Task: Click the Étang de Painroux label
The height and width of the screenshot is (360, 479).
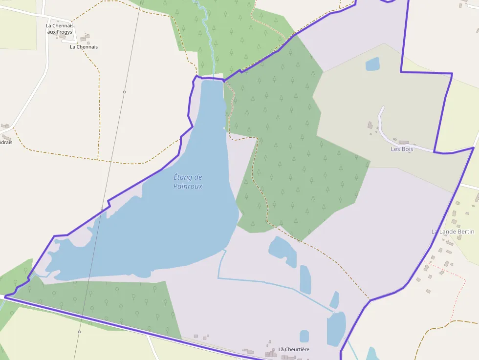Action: pos(188,182)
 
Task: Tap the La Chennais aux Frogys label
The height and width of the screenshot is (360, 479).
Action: pos(60,29)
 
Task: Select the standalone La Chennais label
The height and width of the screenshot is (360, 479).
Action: pos(84,47)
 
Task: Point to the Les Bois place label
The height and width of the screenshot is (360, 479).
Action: pos(402,149)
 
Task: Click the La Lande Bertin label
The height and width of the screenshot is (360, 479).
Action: pos(453,231)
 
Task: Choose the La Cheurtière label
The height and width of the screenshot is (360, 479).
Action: pos(294,349)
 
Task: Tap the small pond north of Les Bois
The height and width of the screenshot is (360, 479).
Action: pos(372,64)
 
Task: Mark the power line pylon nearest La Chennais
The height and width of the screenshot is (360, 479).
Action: pos(124,92)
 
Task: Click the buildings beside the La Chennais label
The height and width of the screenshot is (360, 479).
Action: pos(86,38)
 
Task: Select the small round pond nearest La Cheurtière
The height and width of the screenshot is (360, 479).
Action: pos(304,336)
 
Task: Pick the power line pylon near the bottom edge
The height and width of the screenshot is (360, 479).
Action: pos(79,332)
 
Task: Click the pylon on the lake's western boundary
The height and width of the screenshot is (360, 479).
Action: pos(102,209)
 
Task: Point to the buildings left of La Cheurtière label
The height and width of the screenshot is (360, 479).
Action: pos(271,353)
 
